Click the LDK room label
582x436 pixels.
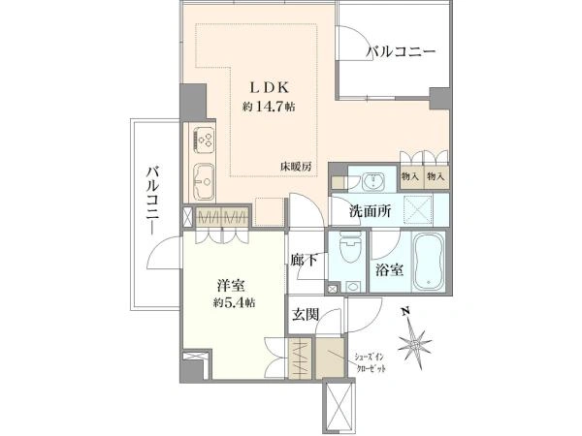[269, 87]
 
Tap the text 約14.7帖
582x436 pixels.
[269, 108]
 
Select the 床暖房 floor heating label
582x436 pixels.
[296, 167]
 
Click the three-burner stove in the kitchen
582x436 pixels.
[204, 140]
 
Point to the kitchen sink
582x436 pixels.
[204, 181]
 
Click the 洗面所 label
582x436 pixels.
[370, 211]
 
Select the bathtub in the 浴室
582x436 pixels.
[429, 261]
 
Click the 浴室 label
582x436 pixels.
[389, 270]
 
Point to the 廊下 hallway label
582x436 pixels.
[304, 261]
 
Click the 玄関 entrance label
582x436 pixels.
[306, 314]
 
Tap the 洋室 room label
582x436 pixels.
[231, 286]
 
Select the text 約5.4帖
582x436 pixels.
[234, 303]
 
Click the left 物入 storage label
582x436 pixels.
[409, 176]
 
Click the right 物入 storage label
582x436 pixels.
[436, 176]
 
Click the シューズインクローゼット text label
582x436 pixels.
[370, 363]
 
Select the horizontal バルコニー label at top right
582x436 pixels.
[400, 52]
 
